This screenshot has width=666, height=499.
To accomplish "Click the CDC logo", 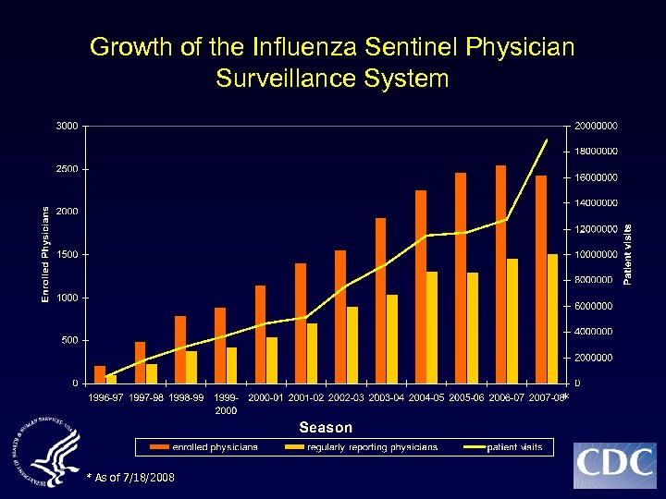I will tap(614, 465).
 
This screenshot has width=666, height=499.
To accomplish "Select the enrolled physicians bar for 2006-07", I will tap(500, 274).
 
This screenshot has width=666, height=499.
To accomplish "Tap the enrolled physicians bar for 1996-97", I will tap(100, 374).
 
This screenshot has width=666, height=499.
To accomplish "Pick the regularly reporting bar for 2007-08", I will tap(552, 318).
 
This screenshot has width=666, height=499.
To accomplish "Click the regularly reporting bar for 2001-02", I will tap(312, 353).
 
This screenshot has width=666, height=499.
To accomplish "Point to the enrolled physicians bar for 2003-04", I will tap(380, 300).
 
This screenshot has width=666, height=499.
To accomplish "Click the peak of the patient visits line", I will tap(547, 140).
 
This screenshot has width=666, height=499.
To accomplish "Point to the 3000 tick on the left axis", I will tap(67, 126).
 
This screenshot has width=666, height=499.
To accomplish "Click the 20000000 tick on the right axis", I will tap(597, 126).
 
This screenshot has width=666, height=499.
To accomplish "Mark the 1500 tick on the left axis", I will tap(67, 254).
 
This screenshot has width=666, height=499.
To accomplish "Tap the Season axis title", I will tap(325, 427).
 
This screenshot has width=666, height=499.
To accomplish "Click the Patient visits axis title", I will tap(628, 254).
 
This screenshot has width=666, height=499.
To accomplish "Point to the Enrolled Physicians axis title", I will tap(45, 254).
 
